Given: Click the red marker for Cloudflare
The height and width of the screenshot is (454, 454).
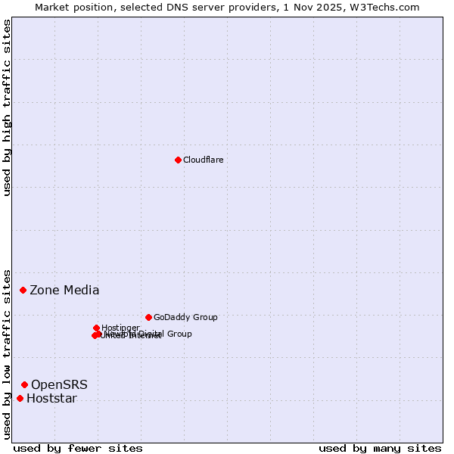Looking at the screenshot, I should tap(178, 160).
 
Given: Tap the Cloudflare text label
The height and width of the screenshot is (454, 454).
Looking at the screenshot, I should tap(203, 160).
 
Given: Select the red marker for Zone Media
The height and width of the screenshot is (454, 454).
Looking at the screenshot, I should tap(23, 290).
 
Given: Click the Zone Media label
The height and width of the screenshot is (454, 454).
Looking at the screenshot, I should tap(64, 290).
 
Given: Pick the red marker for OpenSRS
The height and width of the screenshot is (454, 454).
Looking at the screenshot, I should tap(25, 384).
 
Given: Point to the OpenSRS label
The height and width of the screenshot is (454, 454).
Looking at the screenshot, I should tap(59, 384).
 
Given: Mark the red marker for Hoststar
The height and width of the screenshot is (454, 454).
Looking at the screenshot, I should tap(20, 398).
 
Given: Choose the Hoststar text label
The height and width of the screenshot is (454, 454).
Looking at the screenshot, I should tap(51, 398).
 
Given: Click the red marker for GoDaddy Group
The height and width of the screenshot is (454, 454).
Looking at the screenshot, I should tap(148, 317).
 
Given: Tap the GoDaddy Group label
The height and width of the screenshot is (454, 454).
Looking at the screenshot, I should tap(185, 317).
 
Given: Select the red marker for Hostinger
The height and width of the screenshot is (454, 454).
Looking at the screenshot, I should tap(97, 328).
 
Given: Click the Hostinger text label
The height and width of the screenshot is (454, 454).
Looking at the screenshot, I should tap(120, 328).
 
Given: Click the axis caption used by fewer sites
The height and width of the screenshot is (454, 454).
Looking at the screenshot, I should tap(78, 448).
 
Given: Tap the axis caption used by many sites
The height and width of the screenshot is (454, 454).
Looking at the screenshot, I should tap(380, 448).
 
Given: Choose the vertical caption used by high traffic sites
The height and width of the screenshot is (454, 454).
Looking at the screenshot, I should tap(7, 107).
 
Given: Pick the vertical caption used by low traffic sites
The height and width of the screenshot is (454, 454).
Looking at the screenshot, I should tap(7, 353).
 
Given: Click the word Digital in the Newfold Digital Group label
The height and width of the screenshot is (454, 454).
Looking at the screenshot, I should tap(152, 334).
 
